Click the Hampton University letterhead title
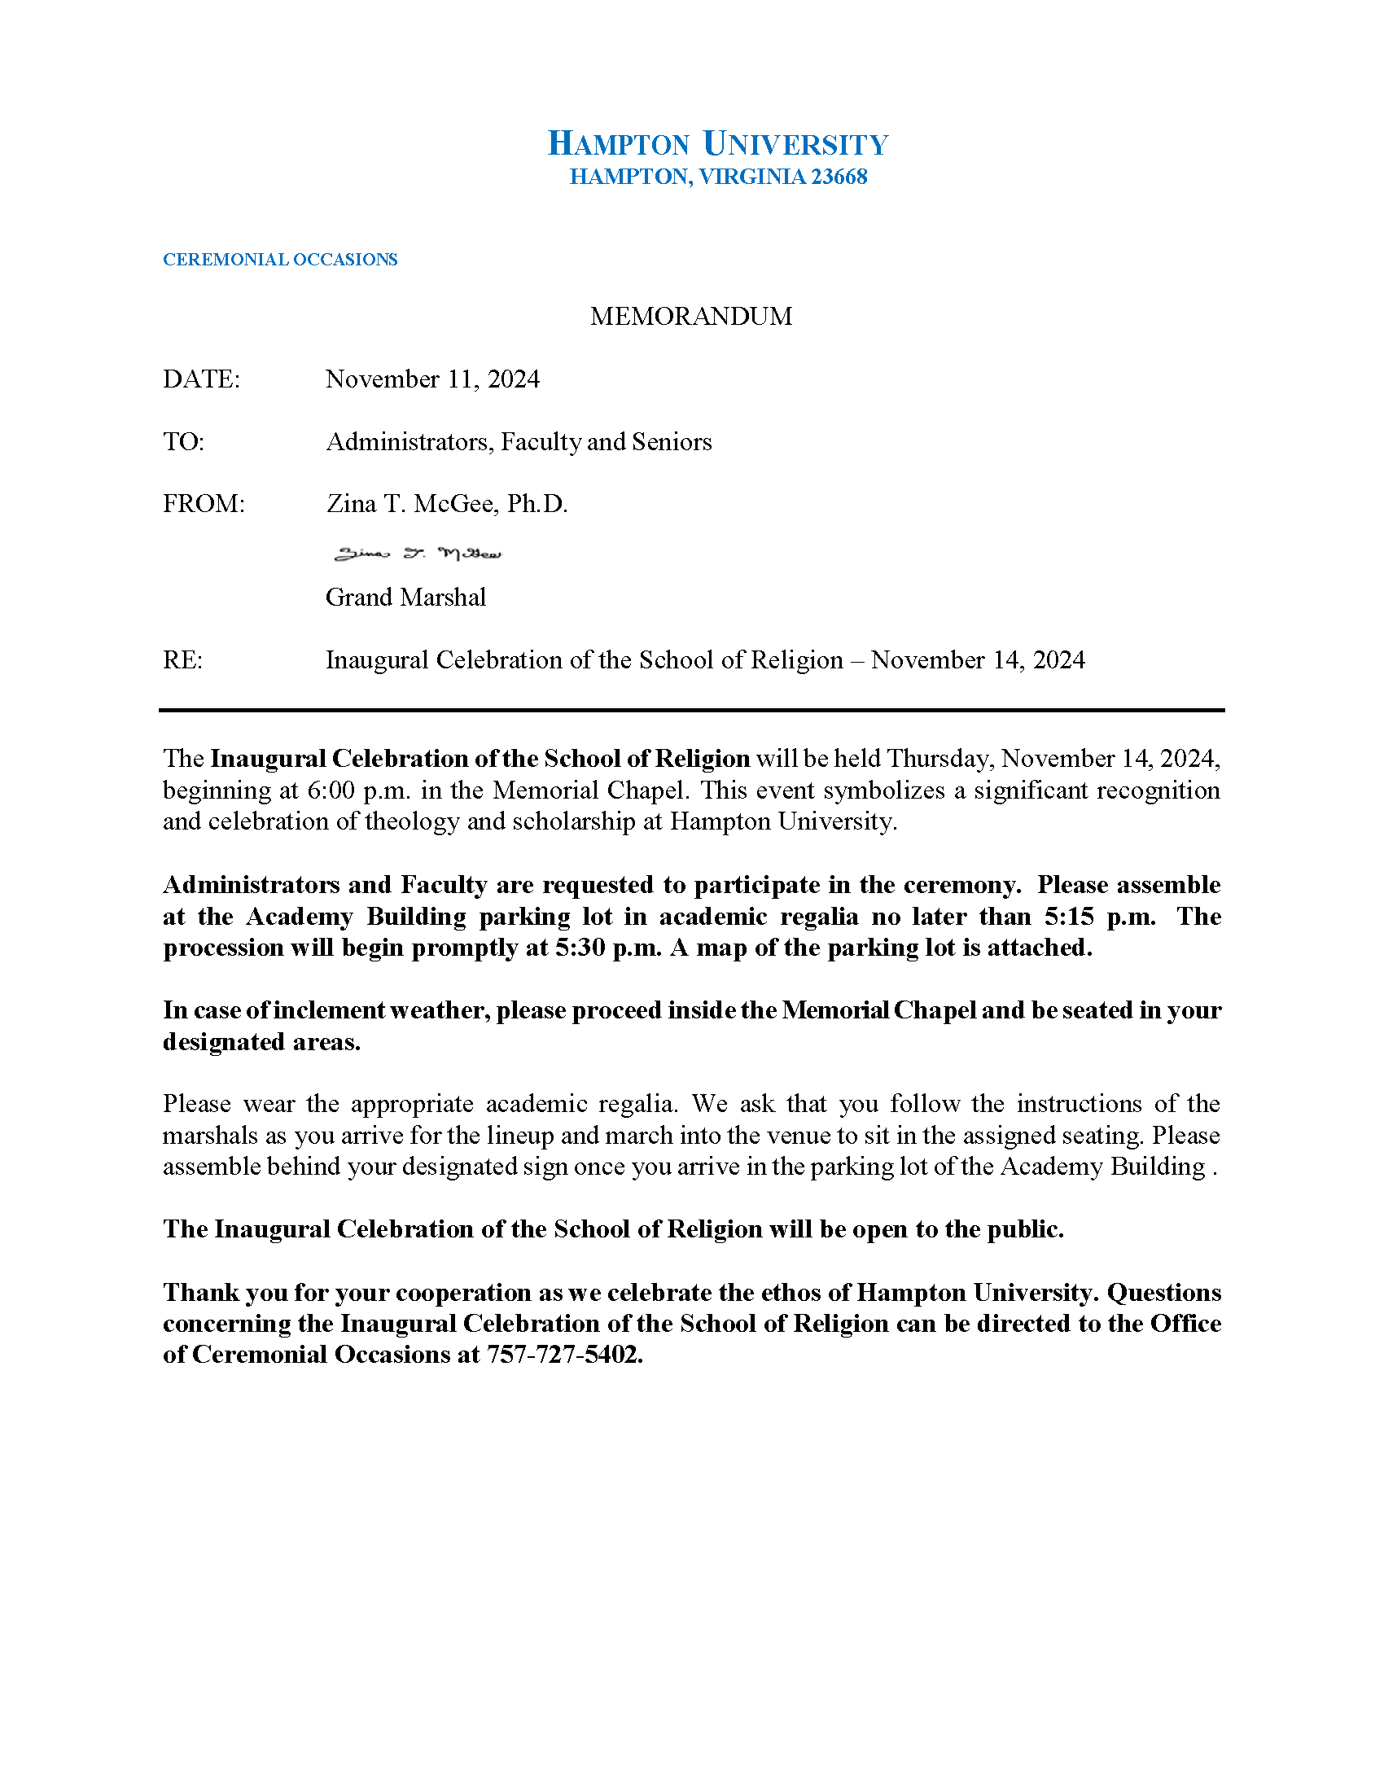(x=717, y=144)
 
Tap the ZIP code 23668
(x=839, y=177)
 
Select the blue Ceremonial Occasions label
(x=279, y=260)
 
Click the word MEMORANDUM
(x=691, y=317)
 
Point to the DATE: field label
(x=201, y=379)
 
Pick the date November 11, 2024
(x=432, y=379)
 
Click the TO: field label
(x=183, y=442)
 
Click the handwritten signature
(x=418, y=554)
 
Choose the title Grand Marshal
(x=405, y=598)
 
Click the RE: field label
(x=182, y=661)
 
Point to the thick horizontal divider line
(x=691, y=710)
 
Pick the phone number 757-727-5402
(x=564, y=1355)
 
